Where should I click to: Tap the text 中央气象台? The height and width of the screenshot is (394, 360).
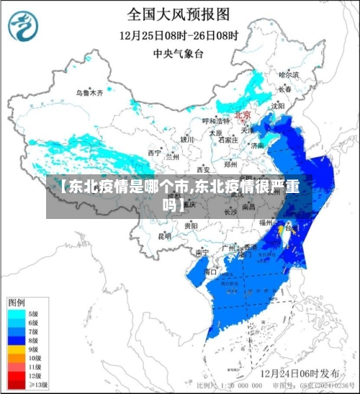(179, 53)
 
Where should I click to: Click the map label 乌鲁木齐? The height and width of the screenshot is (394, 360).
(90, 93)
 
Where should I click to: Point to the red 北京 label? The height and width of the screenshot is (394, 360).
(243, 115)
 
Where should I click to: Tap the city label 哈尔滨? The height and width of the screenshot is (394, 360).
(288, 74)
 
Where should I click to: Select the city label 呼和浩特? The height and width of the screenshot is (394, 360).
(214, 121)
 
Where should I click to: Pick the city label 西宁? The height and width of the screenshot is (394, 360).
(154, 153)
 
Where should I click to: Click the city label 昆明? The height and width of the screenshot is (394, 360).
(165, 236)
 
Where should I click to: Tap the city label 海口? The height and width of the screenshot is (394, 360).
(210, 272)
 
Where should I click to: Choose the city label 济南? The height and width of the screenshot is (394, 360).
(256, 145)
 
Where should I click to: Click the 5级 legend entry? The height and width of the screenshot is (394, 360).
(32, 314)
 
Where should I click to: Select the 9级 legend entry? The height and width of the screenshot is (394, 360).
(32, 349)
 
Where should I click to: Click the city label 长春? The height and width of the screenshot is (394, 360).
(286, 89)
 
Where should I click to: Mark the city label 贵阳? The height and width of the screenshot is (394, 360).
(191, 225)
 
